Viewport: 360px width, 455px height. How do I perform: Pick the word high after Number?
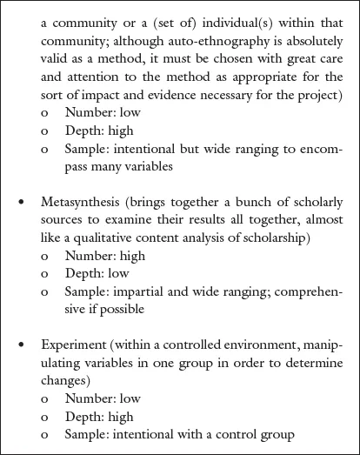[132, 257]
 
